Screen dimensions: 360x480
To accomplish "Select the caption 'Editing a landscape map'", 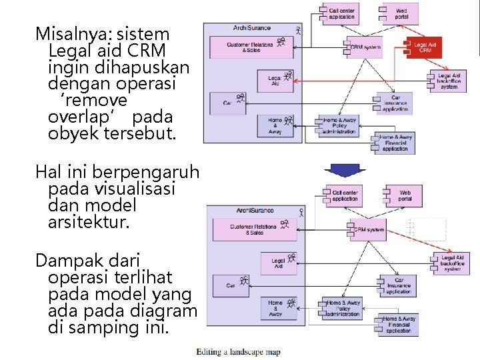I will pyautogui.click(x=238, y=352).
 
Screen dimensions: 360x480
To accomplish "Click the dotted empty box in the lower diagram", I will pyautogui.click(x=427, y=229).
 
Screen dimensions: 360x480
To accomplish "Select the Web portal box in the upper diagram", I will pyautogui.click(x=401, y=12).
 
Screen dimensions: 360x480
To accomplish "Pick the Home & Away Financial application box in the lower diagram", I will pyautogui.click(x=399, y=324).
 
